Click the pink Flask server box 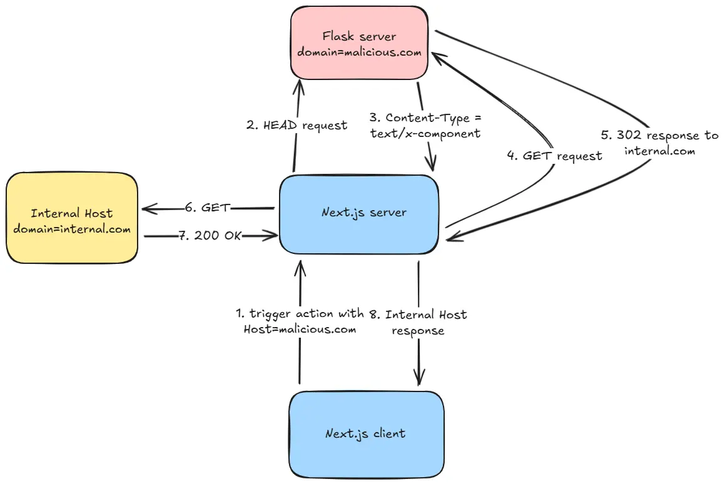point(359,44)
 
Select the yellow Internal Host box point(72,218)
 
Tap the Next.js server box point(358,213)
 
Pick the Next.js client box point(366,433)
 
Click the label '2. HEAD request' point(297,125)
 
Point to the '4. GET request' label point(554,156)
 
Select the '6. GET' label point(208,208)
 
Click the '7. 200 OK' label point(210,236)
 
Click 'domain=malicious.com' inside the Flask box point(359,53)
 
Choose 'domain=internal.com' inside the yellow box point(72,228)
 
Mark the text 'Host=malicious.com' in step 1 point(300,329)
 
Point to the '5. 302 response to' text point(659,135)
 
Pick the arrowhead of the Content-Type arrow point(431,164)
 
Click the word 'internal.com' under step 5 point(659,151)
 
